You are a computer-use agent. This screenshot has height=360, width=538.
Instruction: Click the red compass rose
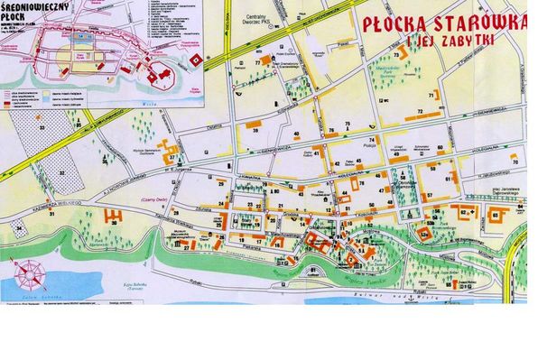(x=31, y=272)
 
